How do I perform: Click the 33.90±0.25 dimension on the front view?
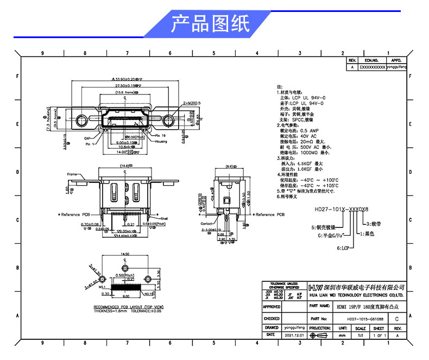click(x=126, y=79)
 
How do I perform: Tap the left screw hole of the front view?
click(x=81, y=120)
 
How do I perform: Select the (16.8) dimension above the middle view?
click(x=126, y=166)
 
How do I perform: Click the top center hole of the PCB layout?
click(x=125, y=269)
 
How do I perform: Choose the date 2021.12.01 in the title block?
click(x=293, y=336)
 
